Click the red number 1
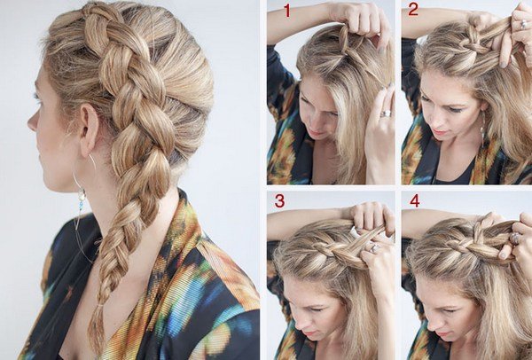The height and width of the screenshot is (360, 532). coord(287,11)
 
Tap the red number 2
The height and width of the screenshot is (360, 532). coord(413,10)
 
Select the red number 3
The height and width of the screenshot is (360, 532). coord(280,201)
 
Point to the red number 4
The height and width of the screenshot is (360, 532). coord(415,201)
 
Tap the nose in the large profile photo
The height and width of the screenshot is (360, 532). coord(33,121)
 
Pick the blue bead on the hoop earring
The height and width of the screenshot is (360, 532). coord(81,205)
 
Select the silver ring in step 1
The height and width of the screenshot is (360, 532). coord(386,113)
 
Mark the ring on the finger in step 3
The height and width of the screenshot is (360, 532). coord(374,248)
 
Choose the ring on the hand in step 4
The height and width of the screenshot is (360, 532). coord(514,238)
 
